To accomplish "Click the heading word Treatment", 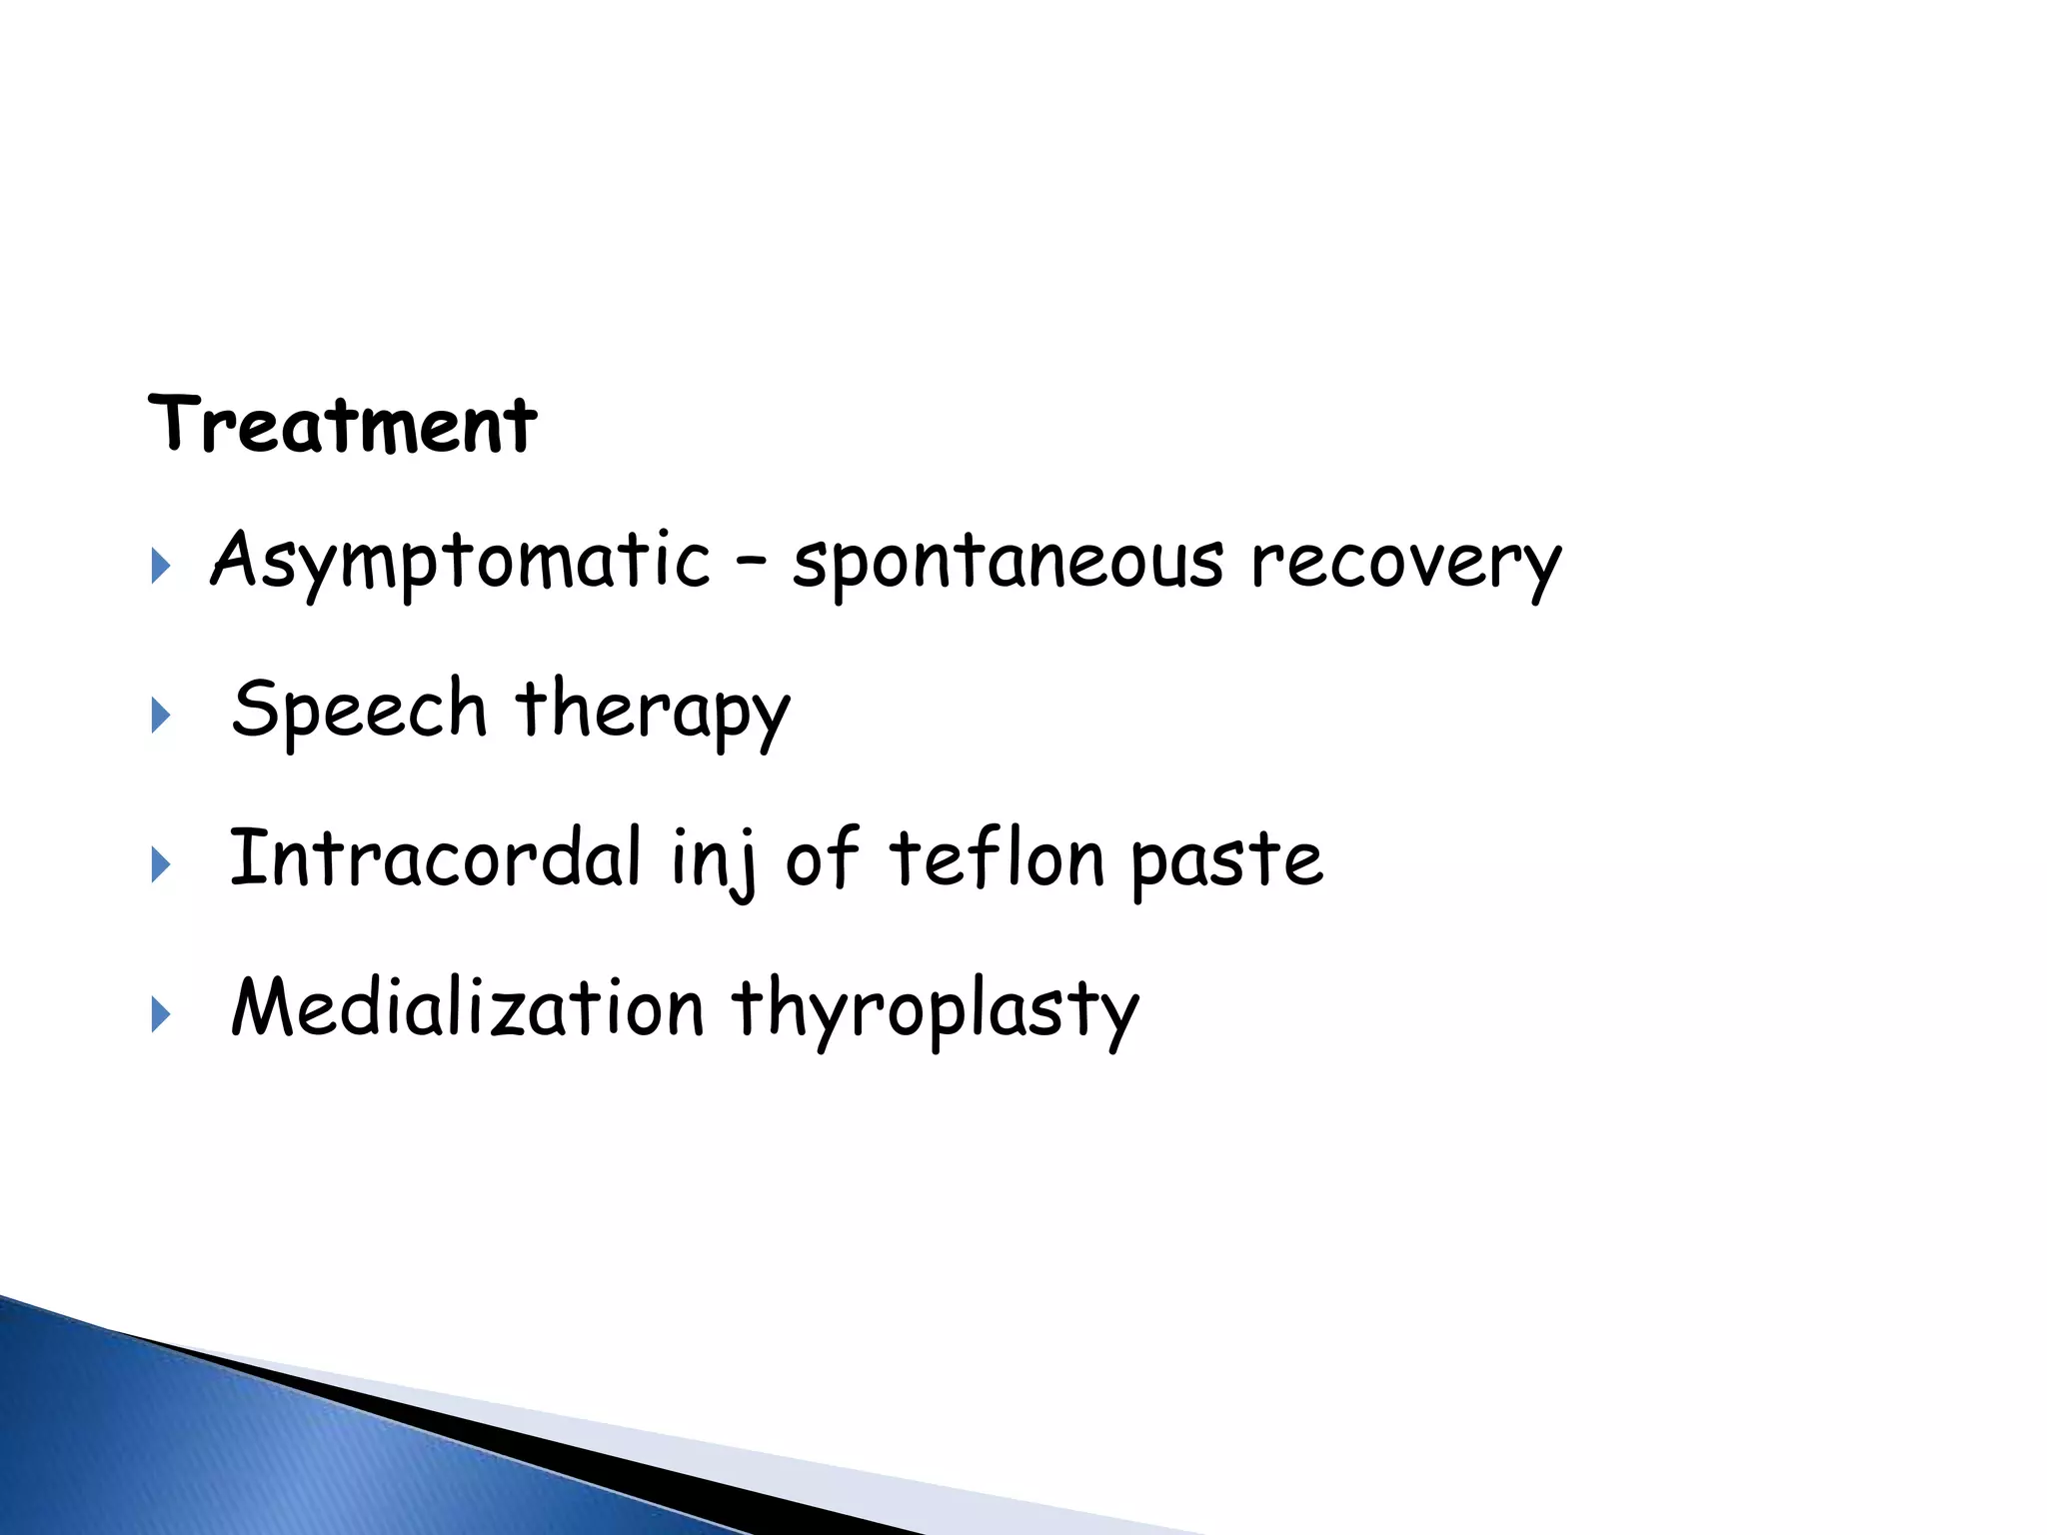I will point(342,425).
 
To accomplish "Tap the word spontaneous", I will point(1008,562).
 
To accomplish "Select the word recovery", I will point(1405,562).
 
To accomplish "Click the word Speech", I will point(359,710).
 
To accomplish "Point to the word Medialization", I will point(468,1007).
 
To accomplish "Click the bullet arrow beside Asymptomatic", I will point(160,567).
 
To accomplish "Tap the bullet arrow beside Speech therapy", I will point(160,716).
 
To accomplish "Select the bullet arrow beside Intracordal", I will point(160,864).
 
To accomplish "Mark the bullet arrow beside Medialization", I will point(160,1014).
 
